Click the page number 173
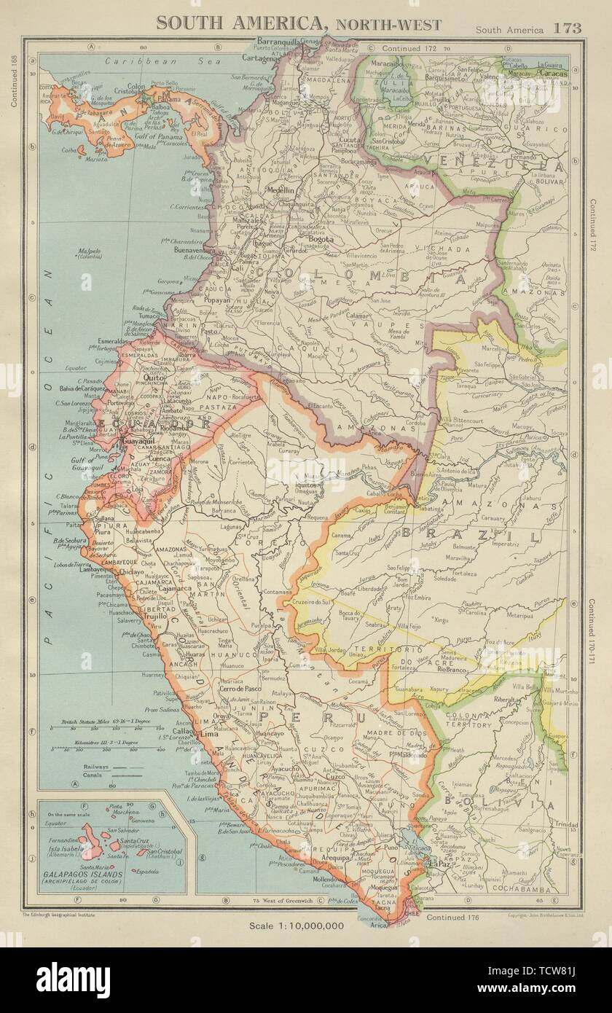click(567, 29)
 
